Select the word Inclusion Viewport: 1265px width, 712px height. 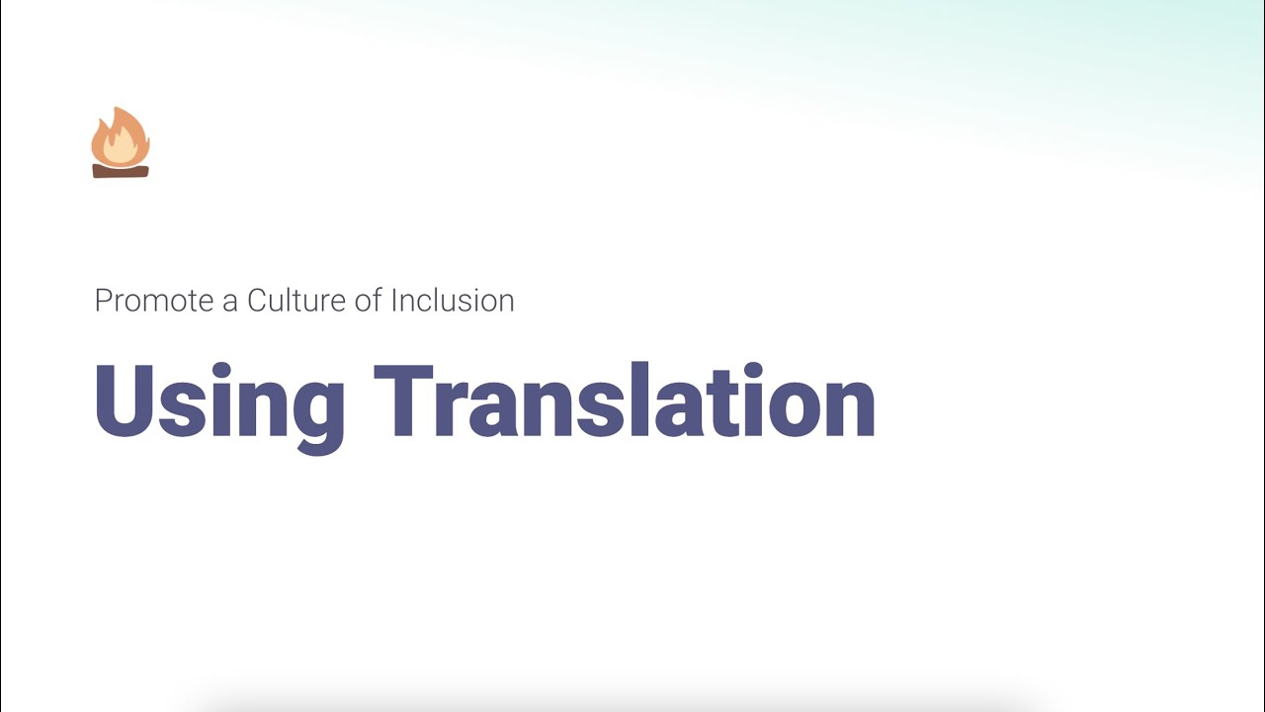pos(453,301)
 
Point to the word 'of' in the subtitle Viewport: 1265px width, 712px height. pos(368,301)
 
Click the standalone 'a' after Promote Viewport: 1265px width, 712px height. pos(230,303)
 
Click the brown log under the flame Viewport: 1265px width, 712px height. pos(121,171)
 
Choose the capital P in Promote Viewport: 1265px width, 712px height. pos(102,301)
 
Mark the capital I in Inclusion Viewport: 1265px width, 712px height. pos(394,301)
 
